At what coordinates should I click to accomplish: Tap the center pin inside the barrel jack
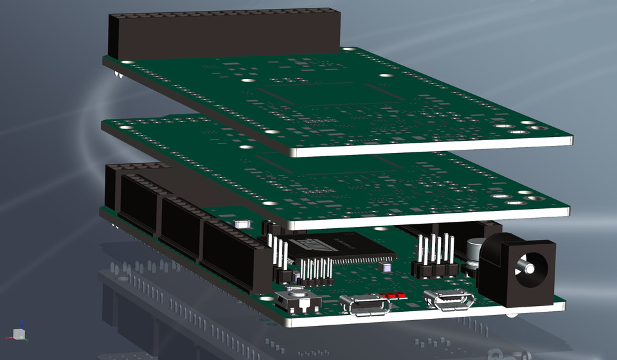point(530,265)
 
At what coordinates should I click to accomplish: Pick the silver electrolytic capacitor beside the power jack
point(476,252)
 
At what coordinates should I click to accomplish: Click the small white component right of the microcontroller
point(386,266)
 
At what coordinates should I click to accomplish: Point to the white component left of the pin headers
point(244,224)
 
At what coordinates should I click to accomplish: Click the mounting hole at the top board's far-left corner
point(127,63)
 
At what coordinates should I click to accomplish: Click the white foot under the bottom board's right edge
point(512,315)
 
